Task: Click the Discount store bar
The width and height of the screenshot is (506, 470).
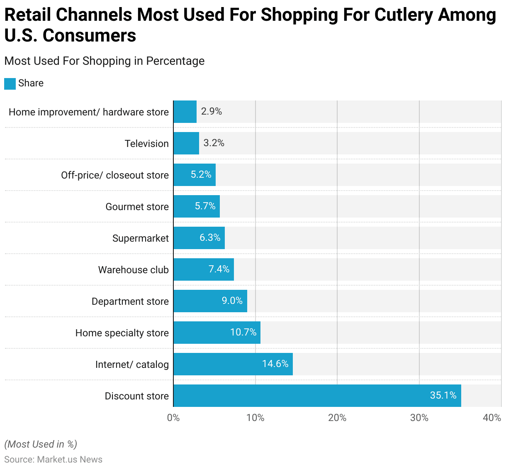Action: click(317, 396)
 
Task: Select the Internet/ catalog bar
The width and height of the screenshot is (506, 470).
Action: click(233, 364)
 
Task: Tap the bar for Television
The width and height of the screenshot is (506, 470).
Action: click(186, 143)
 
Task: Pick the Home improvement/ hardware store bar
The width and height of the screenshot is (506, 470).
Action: click(185, 112)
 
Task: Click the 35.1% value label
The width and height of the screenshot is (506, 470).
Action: click(443, 395)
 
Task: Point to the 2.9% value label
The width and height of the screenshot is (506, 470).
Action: click(212, 111)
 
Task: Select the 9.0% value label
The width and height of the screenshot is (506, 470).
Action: click(232, 301)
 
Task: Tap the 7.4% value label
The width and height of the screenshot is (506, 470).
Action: click(219, 269)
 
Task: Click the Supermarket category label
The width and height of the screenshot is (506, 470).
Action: click(141, 238)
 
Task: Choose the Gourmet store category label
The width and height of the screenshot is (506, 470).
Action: click(137, 207)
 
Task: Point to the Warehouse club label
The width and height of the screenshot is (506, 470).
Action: click(134, 270)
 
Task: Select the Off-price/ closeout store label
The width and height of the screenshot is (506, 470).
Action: click(115, 175)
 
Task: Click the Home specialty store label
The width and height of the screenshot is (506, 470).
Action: click(122, 333)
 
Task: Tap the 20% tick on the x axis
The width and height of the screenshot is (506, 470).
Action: click(337, 418)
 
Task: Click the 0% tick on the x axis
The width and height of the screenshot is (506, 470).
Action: click(173, 418)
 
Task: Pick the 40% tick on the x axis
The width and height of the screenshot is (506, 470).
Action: click(492, 418)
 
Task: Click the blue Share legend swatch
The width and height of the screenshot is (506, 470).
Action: click(10, 83)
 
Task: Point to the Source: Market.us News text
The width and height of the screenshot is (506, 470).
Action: click(53, 460)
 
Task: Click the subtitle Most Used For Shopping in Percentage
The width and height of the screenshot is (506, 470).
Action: click(105, 61)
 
